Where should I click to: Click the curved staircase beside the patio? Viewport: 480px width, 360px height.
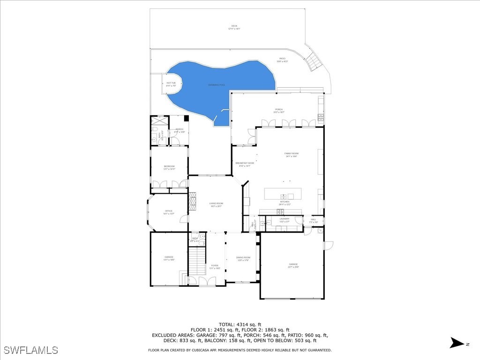313,60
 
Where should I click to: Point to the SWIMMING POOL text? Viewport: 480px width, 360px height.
217,85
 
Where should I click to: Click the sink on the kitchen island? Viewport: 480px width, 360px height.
284,196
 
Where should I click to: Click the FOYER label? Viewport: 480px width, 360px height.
215,267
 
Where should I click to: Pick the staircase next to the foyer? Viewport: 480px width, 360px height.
197,261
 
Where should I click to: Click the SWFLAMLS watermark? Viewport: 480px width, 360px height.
30,350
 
